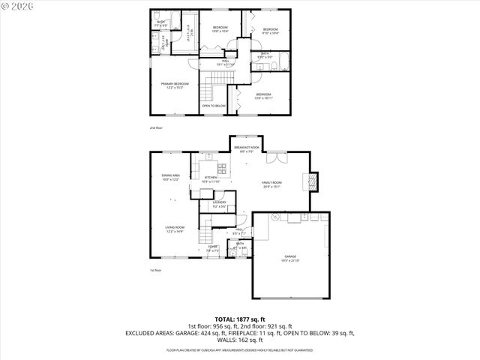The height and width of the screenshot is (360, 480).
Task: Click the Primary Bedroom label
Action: point(174,85)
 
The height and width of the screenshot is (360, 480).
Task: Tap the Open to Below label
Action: point(214,106)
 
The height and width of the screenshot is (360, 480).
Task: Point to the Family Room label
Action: point(271,184)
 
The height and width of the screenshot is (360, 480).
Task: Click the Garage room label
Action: point(290,258)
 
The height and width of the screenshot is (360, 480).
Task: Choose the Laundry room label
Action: point(219,204)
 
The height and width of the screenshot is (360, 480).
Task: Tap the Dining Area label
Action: point(171,177)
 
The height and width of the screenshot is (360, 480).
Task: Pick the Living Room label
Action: point(175,230)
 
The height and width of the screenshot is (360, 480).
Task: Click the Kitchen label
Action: point(211,179)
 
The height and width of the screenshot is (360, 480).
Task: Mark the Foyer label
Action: point(213,249)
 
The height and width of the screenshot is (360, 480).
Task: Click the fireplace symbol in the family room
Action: point(314,181)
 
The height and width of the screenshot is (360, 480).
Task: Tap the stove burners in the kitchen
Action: point(223,166)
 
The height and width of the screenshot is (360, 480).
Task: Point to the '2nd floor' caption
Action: point(156,128)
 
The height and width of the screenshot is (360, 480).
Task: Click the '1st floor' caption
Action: point(156,270)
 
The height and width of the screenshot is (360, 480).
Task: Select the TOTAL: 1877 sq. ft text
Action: point(239,319)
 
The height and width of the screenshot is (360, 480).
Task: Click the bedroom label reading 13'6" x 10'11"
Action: point(263,97)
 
